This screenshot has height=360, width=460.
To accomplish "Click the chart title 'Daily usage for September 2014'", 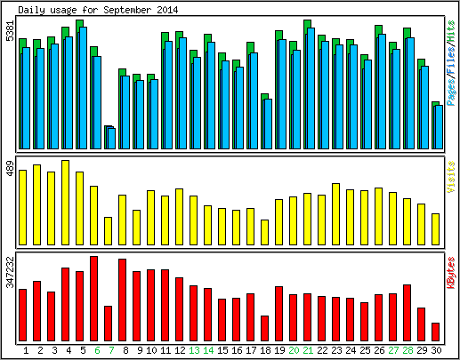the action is [98, 10].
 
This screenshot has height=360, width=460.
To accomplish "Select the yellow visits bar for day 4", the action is [66, 203].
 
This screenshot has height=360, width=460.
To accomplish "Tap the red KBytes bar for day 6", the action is [94, 299].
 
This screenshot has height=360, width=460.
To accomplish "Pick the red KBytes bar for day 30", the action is [435, 332].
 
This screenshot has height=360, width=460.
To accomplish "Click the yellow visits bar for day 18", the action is [265, 232].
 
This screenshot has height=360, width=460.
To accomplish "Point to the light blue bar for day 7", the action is [112, 139].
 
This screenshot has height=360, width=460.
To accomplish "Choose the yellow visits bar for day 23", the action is [336, 214].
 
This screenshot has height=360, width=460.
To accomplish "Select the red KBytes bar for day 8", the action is [123, 300].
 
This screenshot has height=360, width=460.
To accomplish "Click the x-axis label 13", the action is [194, 350].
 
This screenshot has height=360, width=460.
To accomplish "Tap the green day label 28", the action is [408, 350].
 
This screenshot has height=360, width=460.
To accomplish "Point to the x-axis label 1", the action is [26, 350].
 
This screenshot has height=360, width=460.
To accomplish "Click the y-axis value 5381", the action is [10, 31].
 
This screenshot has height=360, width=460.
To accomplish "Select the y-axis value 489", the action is [10, 169].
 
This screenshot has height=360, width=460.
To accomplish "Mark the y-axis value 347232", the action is [10, 272].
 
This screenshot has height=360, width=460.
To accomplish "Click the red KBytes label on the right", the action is [451, 273].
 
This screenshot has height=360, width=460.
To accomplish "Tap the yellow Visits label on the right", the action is [451, 177].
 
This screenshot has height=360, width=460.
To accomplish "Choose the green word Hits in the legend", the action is [451, 31].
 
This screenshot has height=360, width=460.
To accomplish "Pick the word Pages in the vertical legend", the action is [451, 92].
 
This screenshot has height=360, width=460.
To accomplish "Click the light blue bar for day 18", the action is [268, 124].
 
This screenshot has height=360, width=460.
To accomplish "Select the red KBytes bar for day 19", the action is [279, 314].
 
